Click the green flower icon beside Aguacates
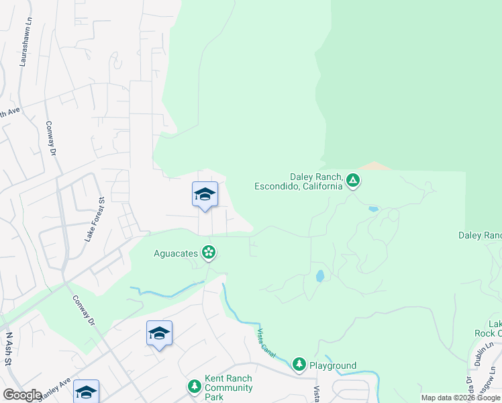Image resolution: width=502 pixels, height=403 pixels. click(209, 252)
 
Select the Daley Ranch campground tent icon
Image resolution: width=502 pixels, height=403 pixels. click(353, 181)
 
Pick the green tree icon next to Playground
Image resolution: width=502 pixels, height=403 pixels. click(299, 365)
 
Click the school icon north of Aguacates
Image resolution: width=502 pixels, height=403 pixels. click(205, 195)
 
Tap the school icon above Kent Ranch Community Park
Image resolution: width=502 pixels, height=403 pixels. click(159, 333)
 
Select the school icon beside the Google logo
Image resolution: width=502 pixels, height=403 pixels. click(86, 392)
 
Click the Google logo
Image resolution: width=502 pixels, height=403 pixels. click(22, 395)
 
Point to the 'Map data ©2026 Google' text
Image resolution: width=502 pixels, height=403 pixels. click(460, 398)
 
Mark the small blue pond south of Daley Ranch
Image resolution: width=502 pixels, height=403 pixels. click(320, 275)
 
